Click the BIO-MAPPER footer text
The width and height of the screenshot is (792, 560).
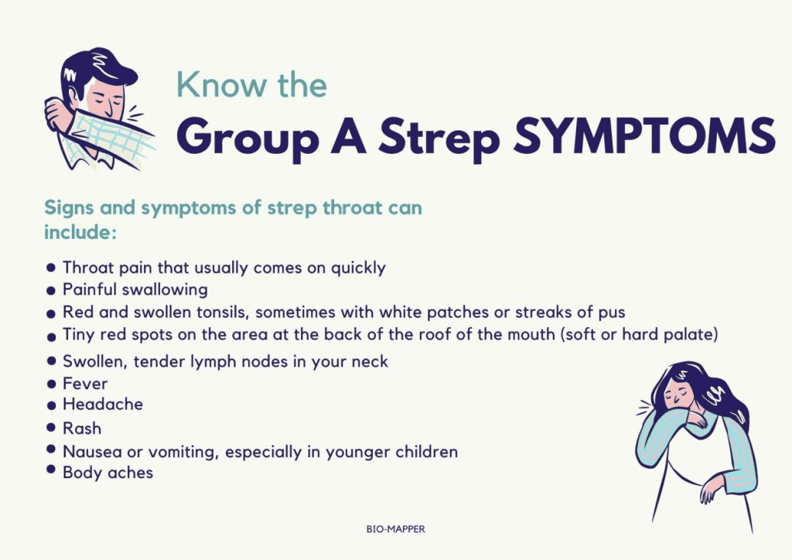395,530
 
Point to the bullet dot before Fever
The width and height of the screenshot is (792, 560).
51,383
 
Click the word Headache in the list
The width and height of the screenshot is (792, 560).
102,405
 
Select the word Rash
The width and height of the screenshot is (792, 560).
81,428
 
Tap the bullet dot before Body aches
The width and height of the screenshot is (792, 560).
51,470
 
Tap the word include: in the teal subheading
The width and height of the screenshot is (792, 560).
80,231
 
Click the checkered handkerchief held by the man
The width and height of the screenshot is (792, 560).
108,139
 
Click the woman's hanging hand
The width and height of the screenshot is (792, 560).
709,489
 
